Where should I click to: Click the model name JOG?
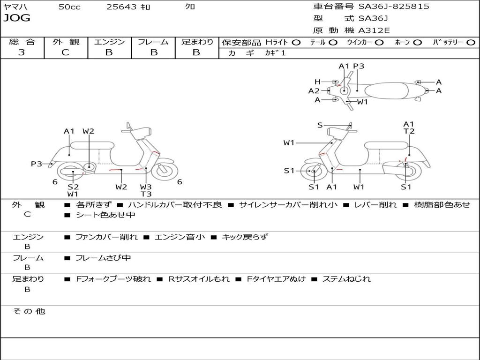(x=16, y=18)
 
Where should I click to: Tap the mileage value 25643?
(x=121, y=7)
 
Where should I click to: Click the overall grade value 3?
(x=22, y=52)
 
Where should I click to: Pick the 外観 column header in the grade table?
(x=66, y=42)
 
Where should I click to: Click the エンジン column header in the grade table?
(x=110, y=42)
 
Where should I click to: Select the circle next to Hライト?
(x=296, y=42)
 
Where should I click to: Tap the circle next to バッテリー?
(x=471, y=42)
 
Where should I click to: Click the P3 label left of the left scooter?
(x=37, y=164)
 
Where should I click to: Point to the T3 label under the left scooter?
(x=146, y=194)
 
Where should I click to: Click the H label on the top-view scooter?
(x=317, y=82)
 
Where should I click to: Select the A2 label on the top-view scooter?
(x=314, y=91)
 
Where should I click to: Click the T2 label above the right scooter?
(x=409, y=131)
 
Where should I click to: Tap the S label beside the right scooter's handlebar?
(x=320, y=125)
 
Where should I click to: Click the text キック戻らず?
(x=245, y=237)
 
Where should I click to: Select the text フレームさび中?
(x=103, y=258)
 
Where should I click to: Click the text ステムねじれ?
(x=346, y=279)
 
